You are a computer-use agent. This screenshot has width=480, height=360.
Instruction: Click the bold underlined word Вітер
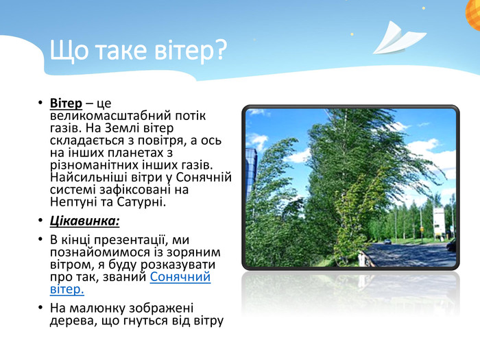[x=66, y=103]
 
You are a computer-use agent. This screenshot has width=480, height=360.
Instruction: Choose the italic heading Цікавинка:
[x=85, y=221]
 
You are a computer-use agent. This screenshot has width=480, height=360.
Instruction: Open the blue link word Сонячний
[x=180, y=277]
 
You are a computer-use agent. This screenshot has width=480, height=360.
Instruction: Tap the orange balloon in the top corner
[x=473, y=14]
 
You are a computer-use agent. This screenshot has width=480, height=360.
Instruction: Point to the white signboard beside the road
[x=438, y=223]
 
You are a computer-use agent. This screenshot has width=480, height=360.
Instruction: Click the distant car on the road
[x=388, y=241]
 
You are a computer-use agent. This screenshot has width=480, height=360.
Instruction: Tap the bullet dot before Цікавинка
[x=40, y=220]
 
